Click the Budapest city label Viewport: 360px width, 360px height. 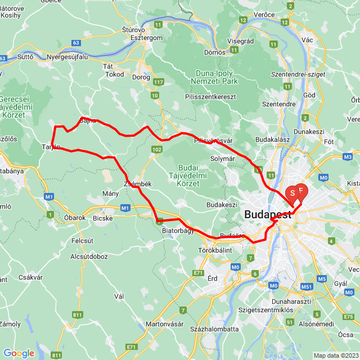coord(268,214)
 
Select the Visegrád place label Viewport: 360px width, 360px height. coord(240,40)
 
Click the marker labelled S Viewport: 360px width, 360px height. coord(292,195)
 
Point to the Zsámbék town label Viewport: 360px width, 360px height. coord(137,184)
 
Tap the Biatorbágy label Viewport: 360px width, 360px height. coord(177,230)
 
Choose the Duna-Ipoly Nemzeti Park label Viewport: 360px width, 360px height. coord(216,77)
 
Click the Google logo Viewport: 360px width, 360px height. coord(19,353)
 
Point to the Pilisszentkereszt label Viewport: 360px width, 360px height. coord(210,97)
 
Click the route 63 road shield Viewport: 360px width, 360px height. coord(76,42)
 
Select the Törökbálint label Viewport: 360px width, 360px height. coord(215,249)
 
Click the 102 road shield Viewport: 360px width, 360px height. coord(156,149)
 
